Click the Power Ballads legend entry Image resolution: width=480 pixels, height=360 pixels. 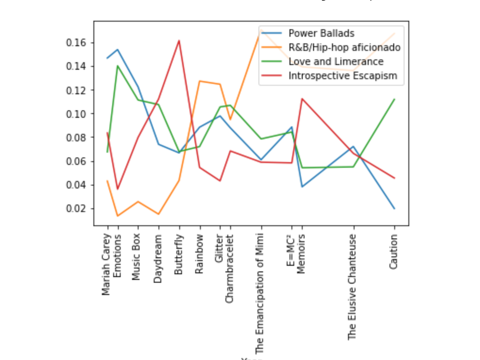coord(321,33)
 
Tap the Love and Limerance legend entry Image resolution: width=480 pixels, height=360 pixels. coord(336,62)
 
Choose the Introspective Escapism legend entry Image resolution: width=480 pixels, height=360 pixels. coord(343,76)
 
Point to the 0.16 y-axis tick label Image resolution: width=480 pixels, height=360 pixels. coord(76,43)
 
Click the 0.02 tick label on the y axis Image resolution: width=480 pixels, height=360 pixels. coord(76,209)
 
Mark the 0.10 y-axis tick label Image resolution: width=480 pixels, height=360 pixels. coord(76,114)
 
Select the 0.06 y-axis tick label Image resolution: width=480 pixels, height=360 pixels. coord(76,161)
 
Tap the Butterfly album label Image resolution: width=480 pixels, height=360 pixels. coord(179,255)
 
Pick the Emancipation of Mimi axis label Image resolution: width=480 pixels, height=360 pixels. coord(260,294)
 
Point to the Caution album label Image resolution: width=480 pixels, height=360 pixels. coord(394,252)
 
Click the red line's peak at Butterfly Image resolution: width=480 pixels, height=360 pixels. coord(179,41)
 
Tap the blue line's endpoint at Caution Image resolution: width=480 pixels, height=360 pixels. coord(394,208)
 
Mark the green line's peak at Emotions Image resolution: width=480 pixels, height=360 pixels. coord(117,66)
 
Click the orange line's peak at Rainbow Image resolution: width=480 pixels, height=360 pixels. coord(199,81)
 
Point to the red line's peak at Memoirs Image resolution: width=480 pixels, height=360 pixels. coord(302,99)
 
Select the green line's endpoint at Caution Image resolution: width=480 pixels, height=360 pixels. coord(394,99)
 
